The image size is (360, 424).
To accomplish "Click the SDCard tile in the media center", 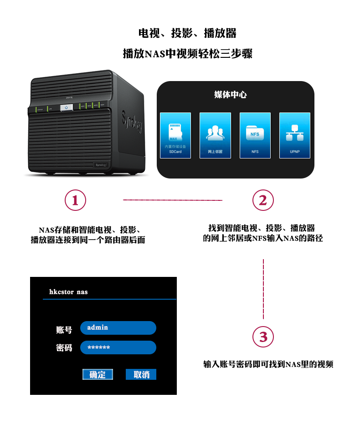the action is (175, 135).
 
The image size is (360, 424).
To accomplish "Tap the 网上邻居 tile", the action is (215, 135).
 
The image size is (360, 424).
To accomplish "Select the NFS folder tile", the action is (255, 135).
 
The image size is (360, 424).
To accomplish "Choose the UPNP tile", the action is (294, 135).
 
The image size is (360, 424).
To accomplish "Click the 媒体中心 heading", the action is (231, 95).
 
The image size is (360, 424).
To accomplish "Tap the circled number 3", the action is (263, 337).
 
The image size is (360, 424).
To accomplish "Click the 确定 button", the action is (98, 374).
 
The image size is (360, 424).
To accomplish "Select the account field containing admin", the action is (118, 327).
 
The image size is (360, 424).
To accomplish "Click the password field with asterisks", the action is (118, 347).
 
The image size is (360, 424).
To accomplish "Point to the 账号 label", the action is (64, 329).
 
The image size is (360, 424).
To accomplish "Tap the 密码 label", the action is (64, 348).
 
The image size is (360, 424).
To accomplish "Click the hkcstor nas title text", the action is (68, 291).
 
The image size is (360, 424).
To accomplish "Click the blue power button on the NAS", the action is (67, 107).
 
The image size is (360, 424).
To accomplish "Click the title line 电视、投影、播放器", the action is (187, 33).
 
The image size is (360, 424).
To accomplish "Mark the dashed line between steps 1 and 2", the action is (173, 200).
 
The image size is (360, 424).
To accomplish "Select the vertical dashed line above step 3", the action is (263, 289).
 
